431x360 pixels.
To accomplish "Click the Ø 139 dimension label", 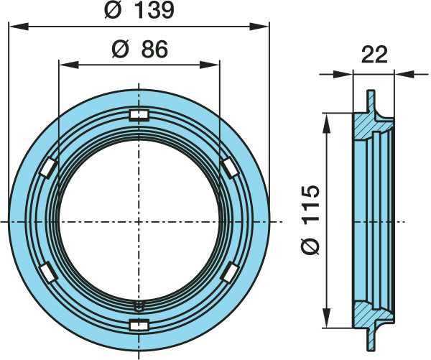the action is coord(139,11).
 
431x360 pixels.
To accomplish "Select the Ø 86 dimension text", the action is coord(140,50).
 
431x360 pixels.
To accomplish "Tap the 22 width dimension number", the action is coord(374,55).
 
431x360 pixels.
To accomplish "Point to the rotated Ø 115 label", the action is coord(310,220).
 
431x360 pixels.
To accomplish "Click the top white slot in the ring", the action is coord(139,115).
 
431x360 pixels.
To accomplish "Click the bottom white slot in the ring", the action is coord(139,325).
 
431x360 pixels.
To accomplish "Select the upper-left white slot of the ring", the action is coord(48,167).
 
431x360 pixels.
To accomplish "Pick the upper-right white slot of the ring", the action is coord(230,168).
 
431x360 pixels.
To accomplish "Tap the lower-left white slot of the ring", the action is coord(48,272).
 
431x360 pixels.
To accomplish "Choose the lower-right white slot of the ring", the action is coord(230,272).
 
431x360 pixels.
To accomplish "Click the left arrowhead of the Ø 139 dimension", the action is coord(18,27).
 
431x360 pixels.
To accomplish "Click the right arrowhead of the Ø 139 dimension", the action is coord(259,27).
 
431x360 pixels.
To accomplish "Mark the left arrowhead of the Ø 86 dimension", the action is coord(69,65).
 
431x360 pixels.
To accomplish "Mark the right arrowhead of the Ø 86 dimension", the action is coord(210,65).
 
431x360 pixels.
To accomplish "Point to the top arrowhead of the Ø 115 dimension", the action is coord(326,123).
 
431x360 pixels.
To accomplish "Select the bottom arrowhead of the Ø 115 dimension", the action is coord(326,318).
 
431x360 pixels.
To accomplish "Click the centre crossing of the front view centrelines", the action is coord(139,221).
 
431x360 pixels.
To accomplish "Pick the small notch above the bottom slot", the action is coord(139,305).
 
